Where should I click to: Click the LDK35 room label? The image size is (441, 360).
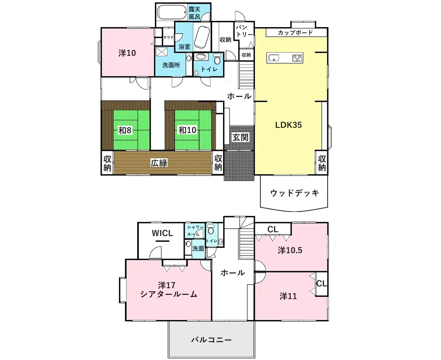[x=289, y=125]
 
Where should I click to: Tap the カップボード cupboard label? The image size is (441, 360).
[x=295, y=33]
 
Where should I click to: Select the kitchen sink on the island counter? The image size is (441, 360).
[x=273, y=58]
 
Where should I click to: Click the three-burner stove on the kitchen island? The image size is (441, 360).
[x=297, y=58]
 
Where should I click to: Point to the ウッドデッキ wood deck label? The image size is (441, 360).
[x=294, y=193]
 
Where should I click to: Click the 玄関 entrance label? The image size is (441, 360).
[x=240, y=137]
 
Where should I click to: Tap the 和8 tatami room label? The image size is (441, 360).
[x=125, y=130]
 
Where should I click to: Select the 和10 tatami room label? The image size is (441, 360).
[x=187, y=130]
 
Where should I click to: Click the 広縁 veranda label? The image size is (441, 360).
[x=159, y=163]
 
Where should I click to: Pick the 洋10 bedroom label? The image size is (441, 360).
[x=127, y=53]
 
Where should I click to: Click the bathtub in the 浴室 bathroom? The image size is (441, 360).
[x=202, y=37]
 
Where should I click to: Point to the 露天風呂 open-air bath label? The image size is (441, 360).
[x=194, y=13]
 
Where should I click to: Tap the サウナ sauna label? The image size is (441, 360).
[x=168, y=37]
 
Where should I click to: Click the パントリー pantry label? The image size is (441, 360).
[x=244, y=31]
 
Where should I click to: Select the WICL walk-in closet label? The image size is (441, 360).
[x=162, y=233]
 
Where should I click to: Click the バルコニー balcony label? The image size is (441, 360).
[x=211, y=340]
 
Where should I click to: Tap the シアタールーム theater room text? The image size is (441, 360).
[x=169, y=294]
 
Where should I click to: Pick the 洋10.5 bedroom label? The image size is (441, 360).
[x=290, y=250]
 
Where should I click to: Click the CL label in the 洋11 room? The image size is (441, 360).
[x=321, y=284]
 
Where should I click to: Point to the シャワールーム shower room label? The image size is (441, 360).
[x=195, y=230]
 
